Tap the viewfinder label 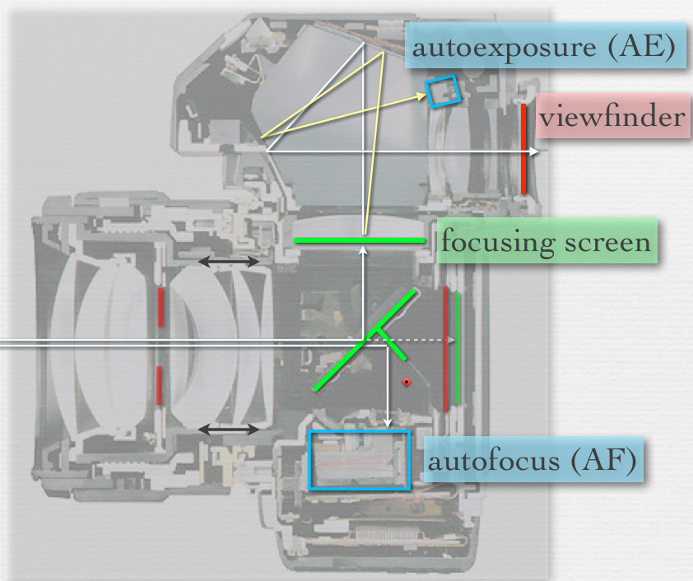tap(612, 117)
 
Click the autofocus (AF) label tap(533, 461)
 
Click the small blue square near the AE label tap(441, 91)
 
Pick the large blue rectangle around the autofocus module tap(358, 461)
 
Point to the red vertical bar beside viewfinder tap(523, 148)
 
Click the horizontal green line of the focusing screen tap(360, 240)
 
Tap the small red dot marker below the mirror tap(406, 383)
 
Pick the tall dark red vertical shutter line tap(445, 349)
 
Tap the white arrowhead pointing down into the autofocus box tap(387, 425)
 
